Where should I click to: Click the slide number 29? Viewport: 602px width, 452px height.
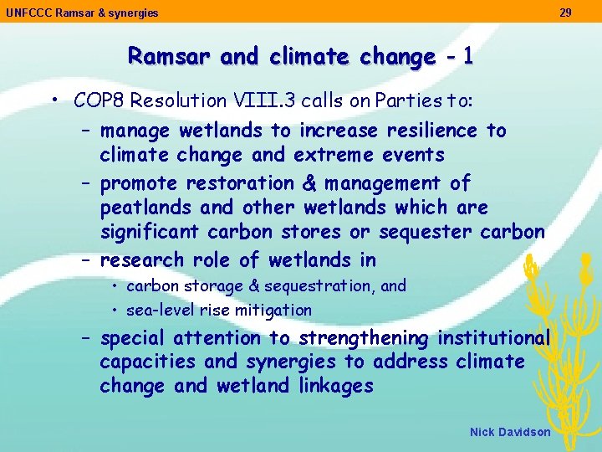(x=566, y=13)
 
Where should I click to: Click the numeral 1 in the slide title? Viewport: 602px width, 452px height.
(x=467, y=56)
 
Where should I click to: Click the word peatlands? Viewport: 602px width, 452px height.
(x=140, y=207)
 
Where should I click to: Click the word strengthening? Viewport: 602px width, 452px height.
(x=363, y=338)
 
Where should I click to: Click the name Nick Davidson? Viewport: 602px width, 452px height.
(x=510, y=432)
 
